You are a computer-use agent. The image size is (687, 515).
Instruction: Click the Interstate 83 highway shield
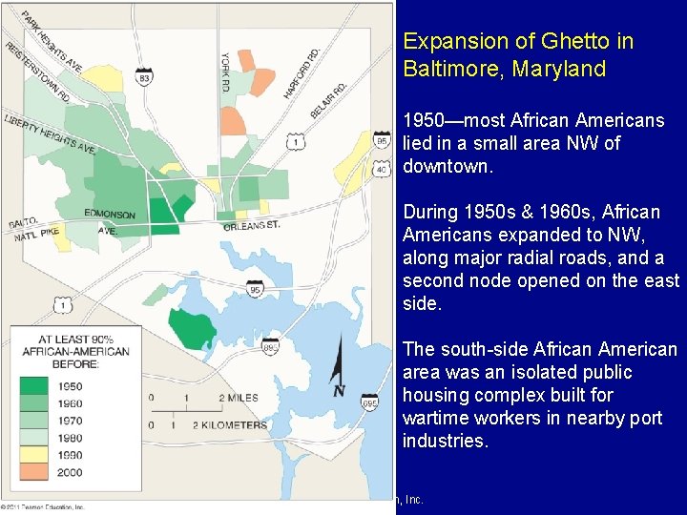144,76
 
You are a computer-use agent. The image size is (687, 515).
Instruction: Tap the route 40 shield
382,170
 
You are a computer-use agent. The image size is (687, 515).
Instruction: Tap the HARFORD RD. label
301,68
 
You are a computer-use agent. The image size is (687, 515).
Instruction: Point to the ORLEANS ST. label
252,226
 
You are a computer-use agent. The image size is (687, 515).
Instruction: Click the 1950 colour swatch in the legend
32,386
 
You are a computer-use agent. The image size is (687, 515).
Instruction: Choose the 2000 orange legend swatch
32,471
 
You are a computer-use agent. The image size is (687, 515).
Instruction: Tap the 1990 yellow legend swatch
32,455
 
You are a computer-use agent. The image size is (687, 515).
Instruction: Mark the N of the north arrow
338,391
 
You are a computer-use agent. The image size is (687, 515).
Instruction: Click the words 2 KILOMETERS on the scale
230,424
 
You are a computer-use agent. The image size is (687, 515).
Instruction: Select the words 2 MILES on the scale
238,397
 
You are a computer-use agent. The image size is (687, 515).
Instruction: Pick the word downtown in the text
447,166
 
